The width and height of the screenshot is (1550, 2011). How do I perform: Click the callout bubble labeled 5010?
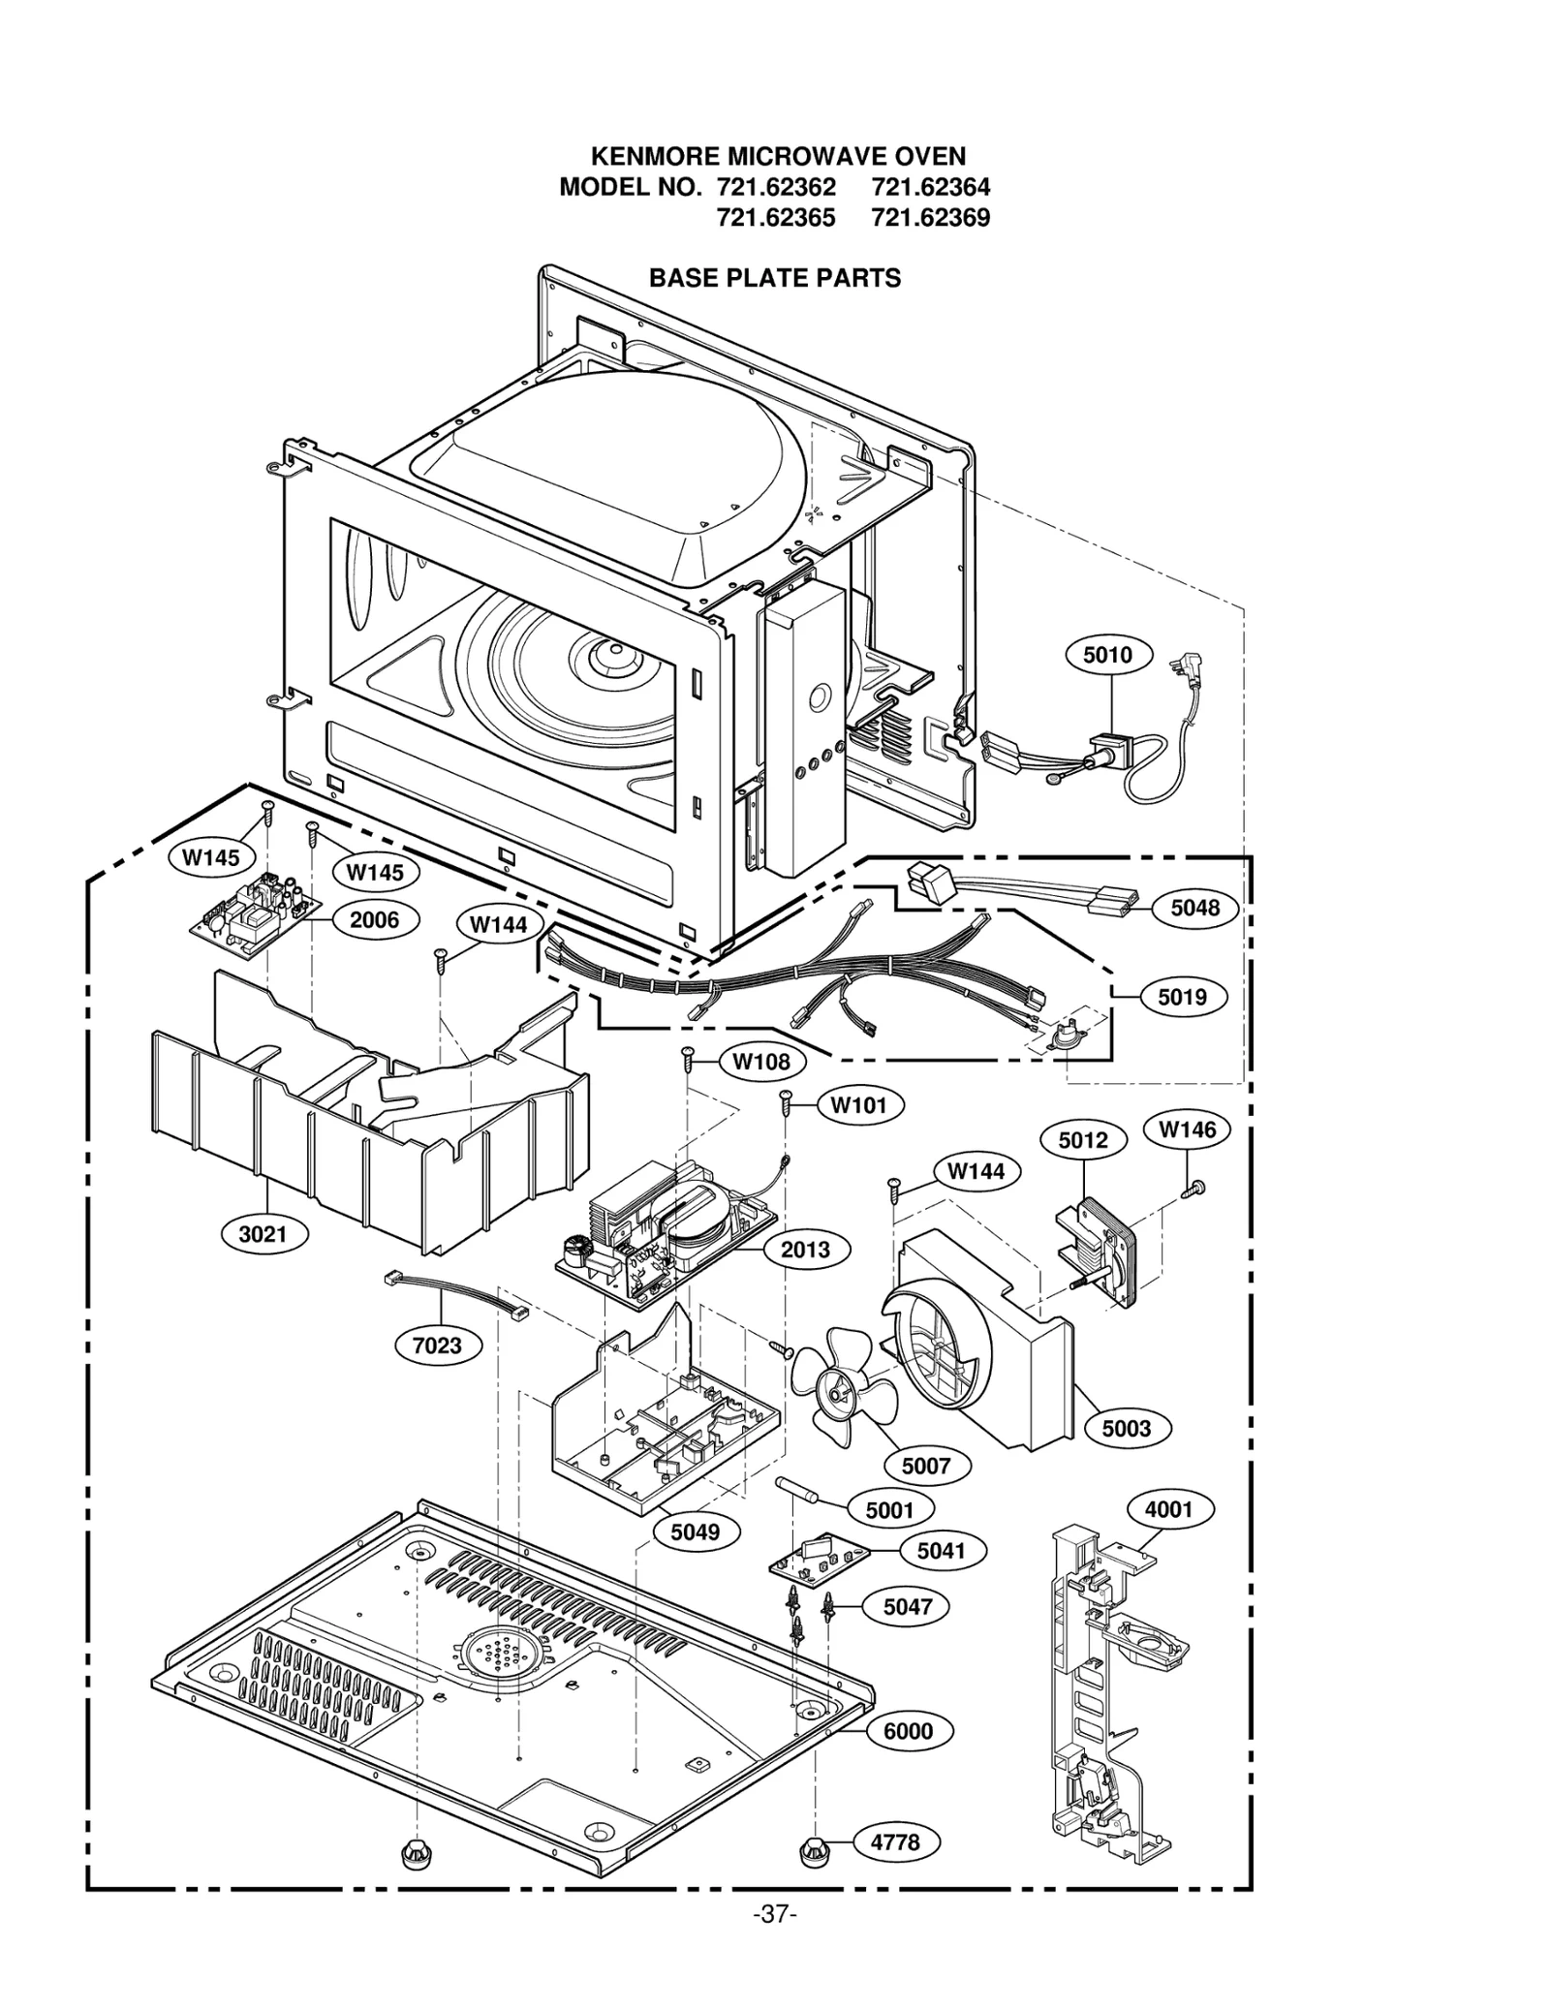click(x=1107, y=656)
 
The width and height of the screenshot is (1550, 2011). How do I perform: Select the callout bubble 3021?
click(x=263, y=1234)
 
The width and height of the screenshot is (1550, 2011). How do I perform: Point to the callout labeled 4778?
click(x=895, y=1841)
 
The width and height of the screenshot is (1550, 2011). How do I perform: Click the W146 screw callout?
click(x=1187, y=1129)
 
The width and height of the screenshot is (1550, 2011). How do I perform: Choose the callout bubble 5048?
click(x=1194, y=908)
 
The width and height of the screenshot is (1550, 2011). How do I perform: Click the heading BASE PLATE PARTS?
click(x=774, y=278)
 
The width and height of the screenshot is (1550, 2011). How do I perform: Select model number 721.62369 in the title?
click(x=930, y=218)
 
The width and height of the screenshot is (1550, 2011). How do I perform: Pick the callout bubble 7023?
click(x=438, y=1346)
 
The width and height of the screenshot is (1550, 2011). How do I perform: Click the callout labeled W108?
click(x=761, y=1062)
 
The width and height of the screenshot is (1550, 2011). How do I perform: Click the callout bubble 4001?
click(x=1169, y=1509)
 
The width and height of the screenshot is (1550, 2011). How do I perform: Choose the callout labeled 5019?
click(x=1182, y=997)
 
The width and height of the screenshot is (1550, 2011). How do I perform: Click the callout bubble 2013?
click(x=805, y=1250)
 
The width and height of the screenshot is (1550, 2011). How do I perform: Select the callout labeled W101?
click(x=859, y=1105)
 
